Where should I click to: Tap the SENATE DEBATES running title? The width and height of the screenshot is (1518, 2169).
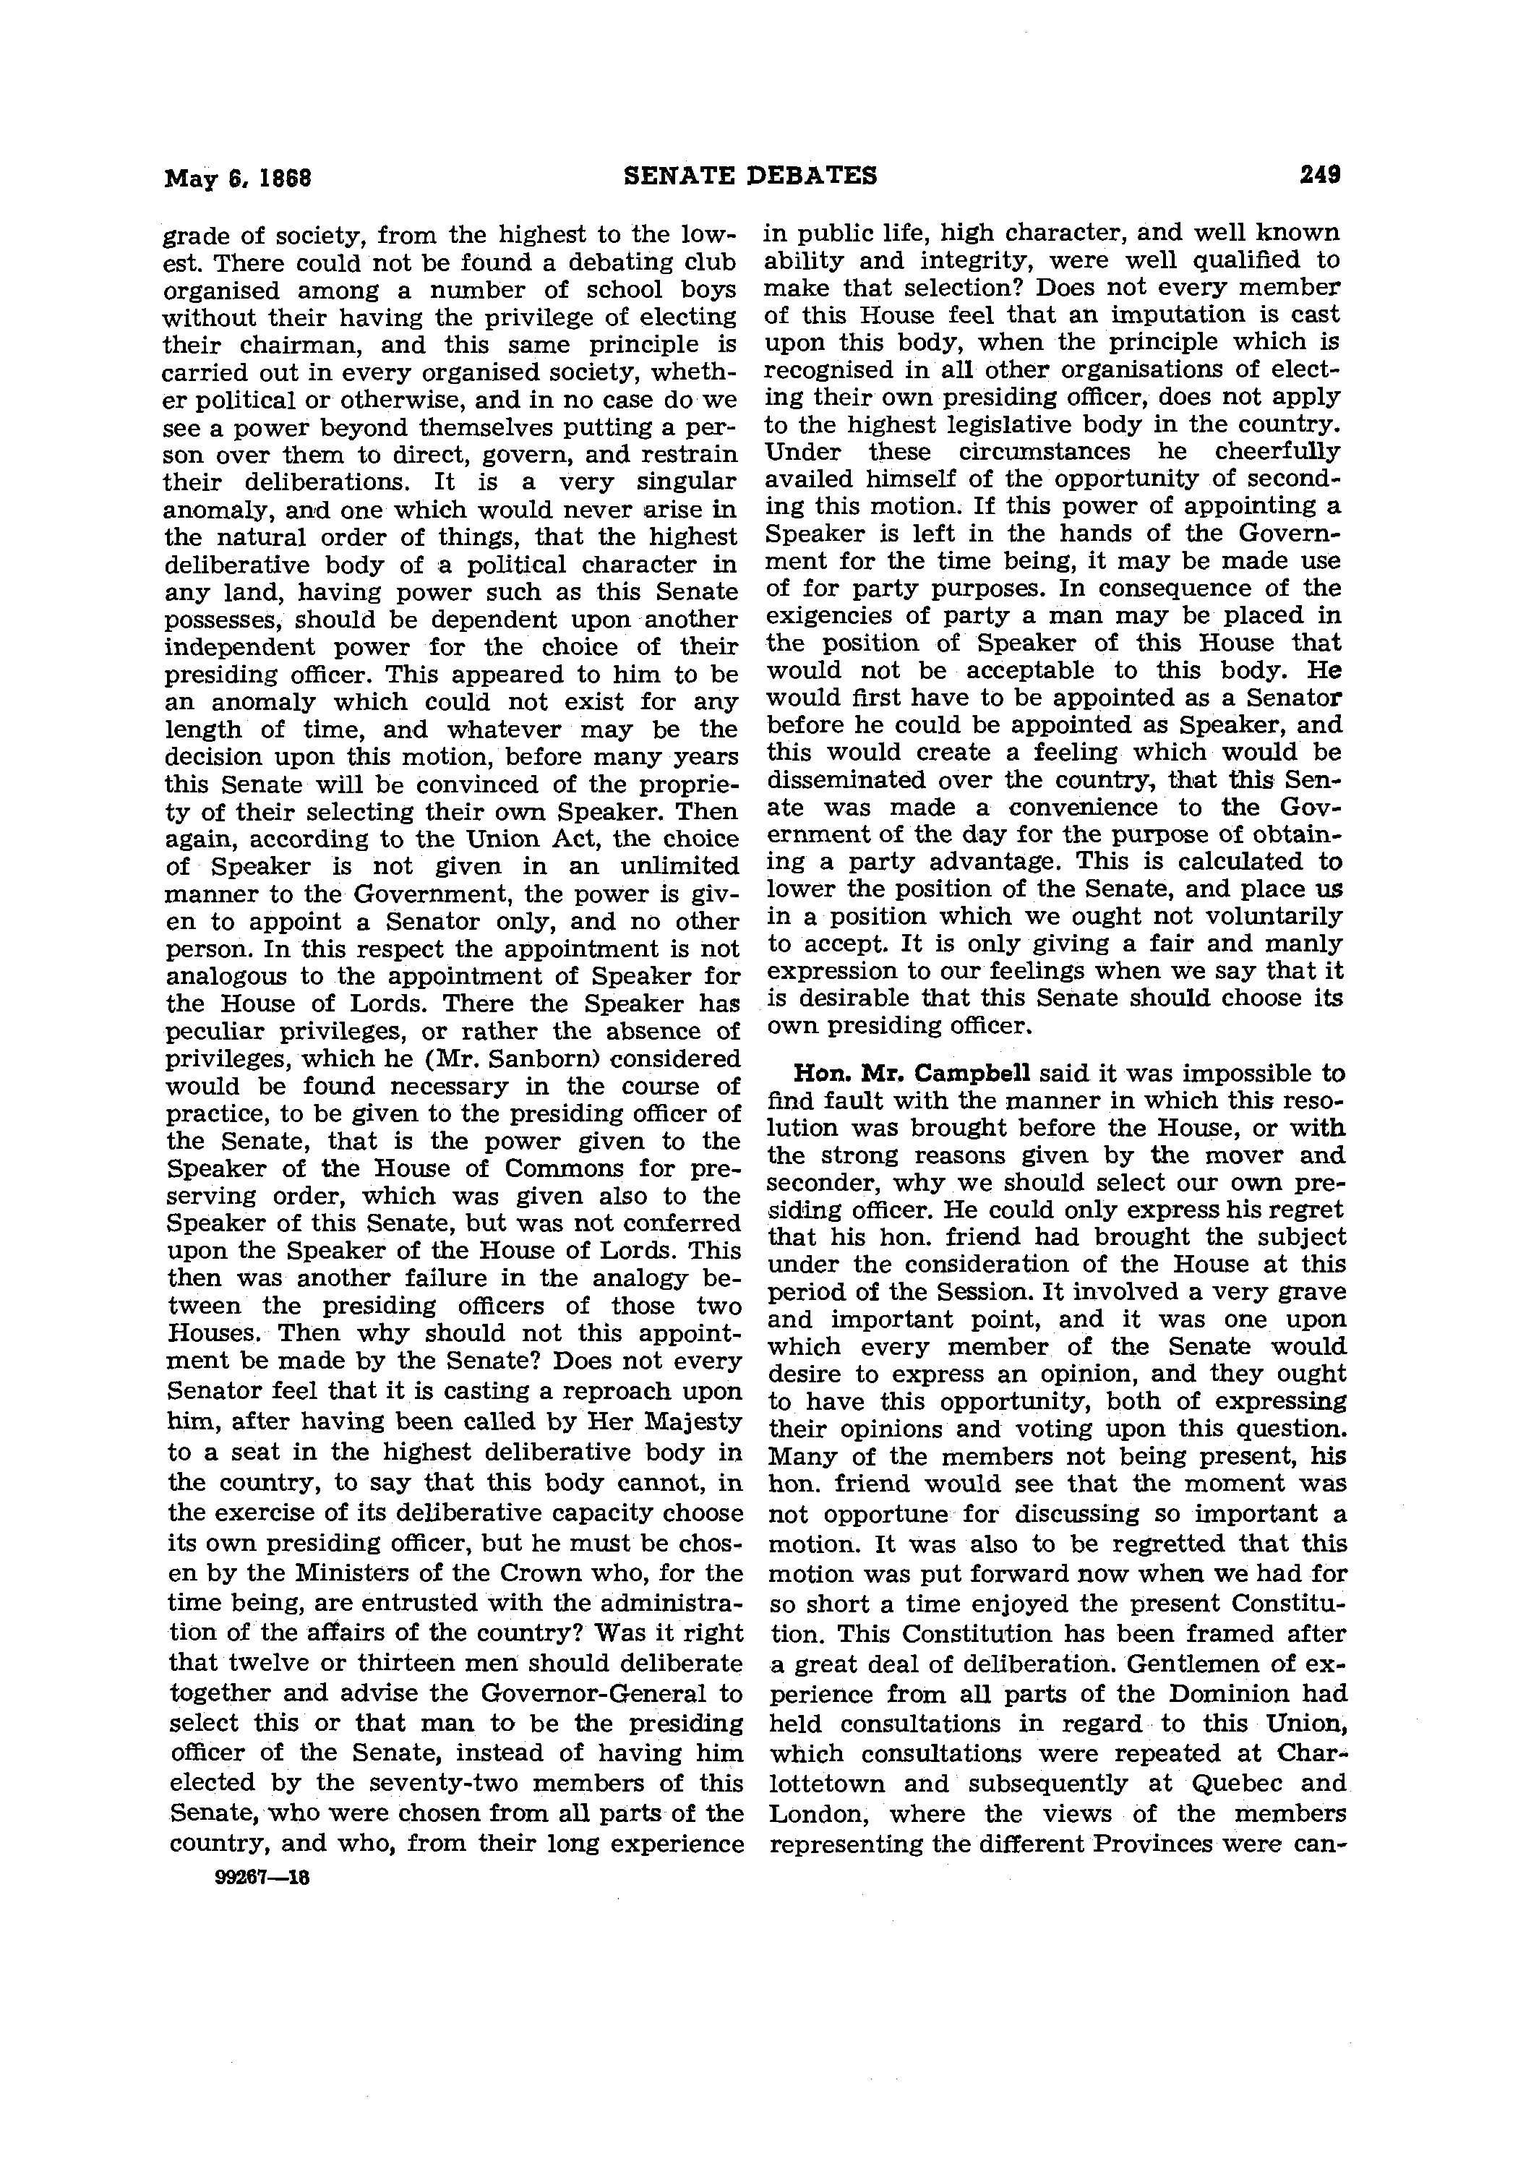pos(751,176)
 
